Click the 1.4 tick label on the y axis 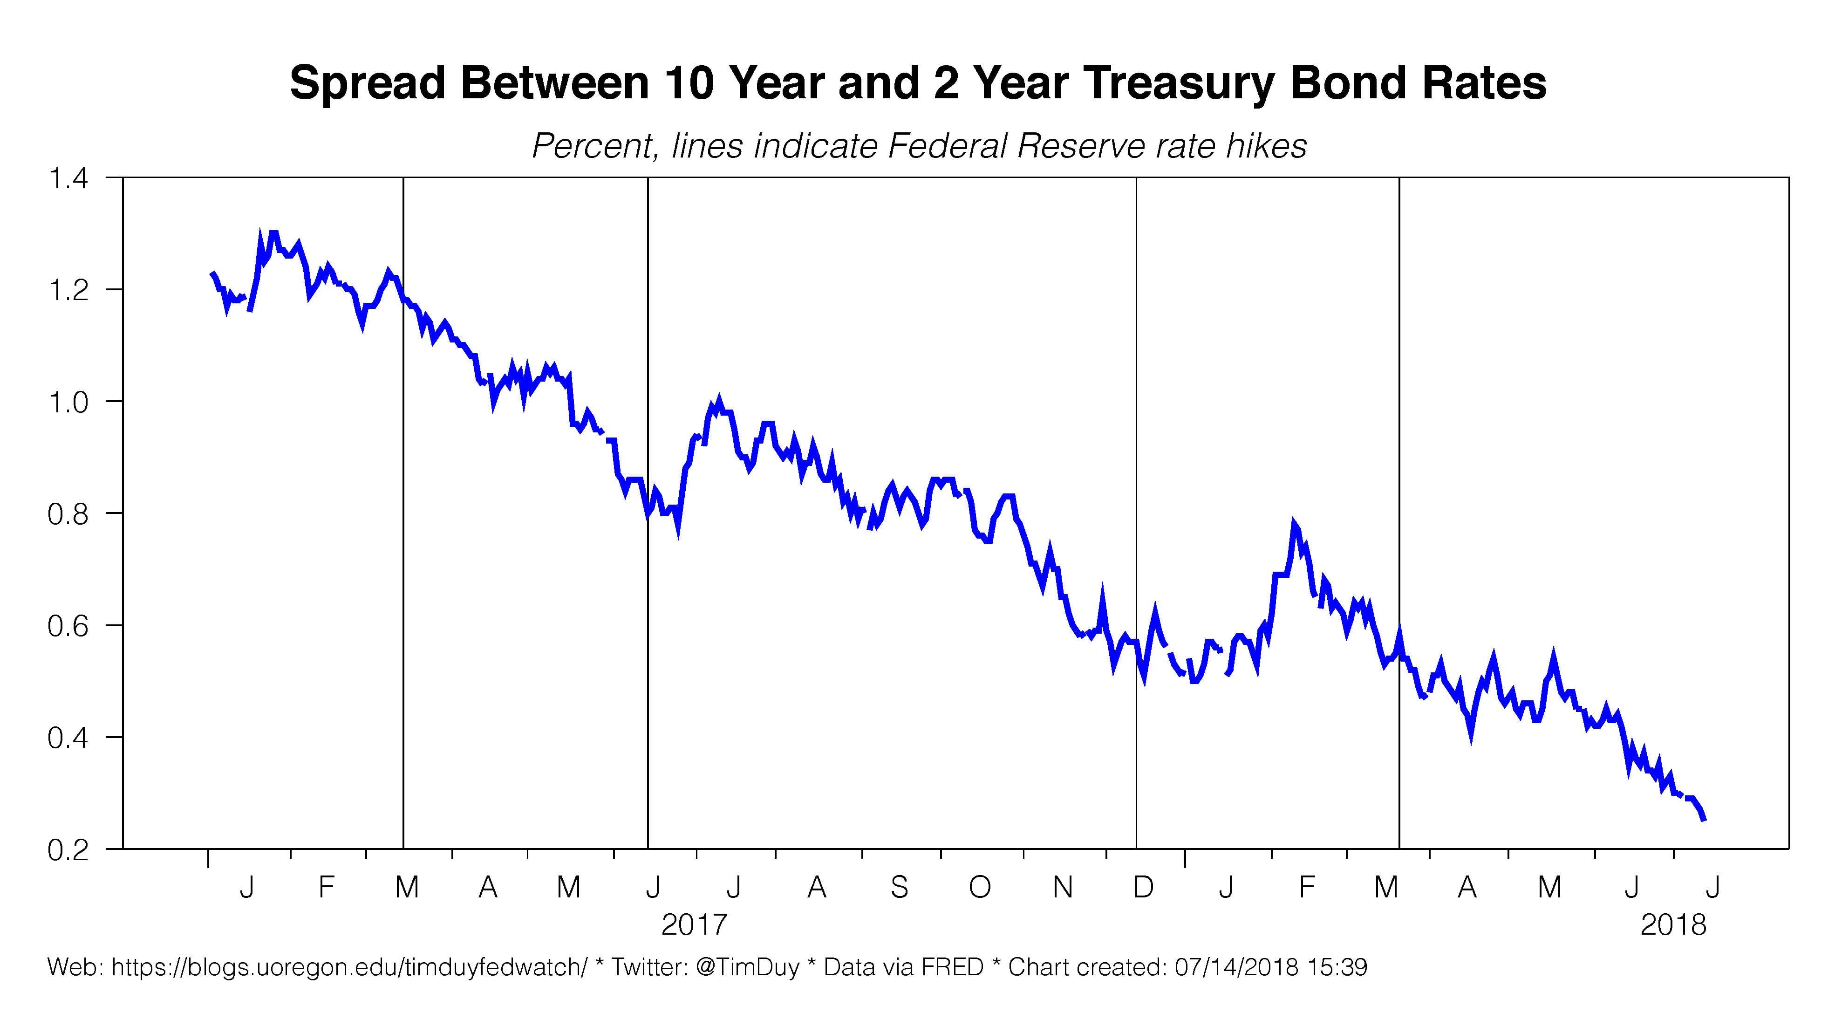point(68,178)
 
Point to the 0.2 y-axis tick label point(68,850)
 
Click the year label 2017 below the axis point(695,925)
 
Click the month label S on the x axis point(899,887)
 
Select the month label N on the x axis point(1063,887)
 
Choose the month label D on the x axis point(1143,887)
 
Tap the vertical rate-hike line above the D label point(1136,499)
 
